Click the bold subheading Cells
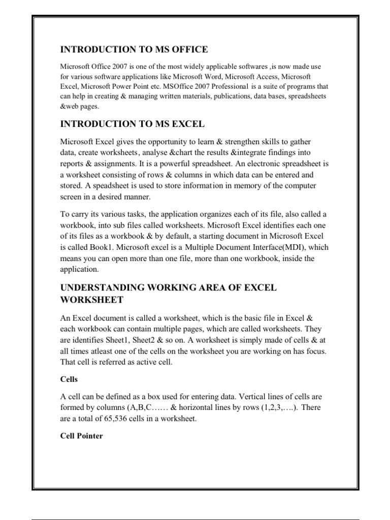click(69, 379)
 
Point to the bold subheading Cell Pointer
click(82, 436)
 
